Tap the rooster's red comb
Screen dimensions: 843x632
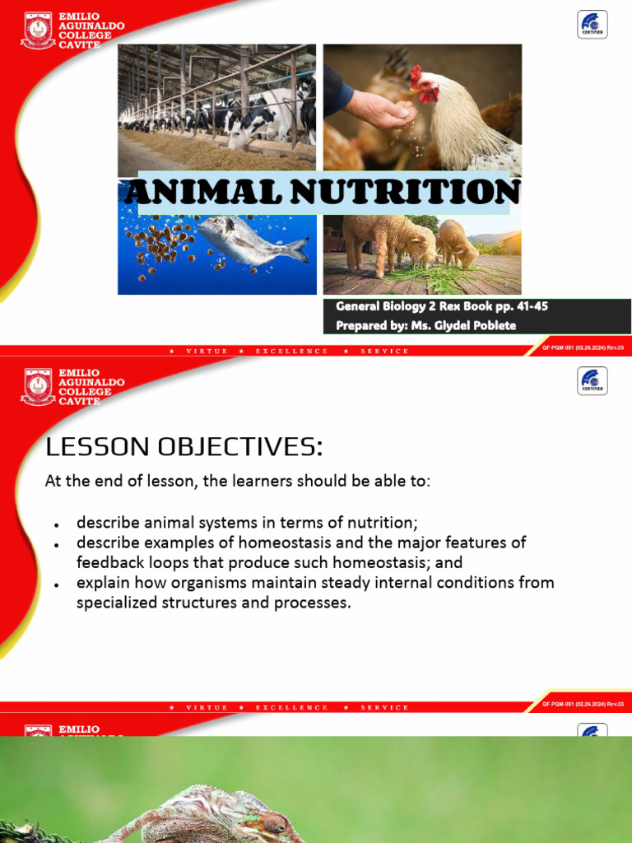tap(416, 77)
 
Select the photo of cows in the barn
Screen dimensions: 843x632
tap(216, 107)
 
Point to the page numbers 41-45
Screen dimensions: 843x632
tap(521, 306)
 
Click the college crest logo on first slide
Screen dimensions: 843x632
tap(38, 30)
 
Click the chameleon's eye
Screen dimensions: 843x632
tap(275, 822)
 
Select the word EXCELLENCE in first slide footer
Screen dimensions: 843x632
tap(292, 351)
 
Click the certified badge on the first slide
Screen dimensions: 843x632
tap(592, 25)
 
